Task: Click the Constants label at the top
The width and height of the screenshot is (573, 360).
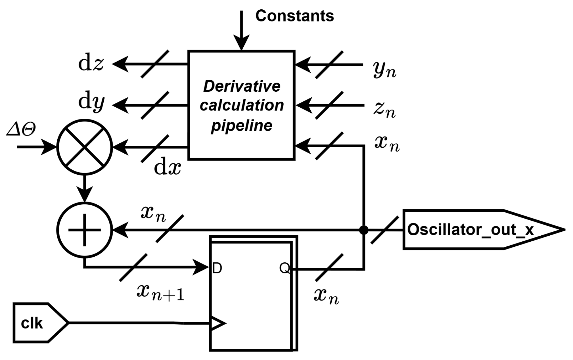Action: click(x=294, y=16)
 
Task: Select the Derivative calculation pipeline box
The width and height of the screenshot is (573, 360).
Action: click(x=241, y=105)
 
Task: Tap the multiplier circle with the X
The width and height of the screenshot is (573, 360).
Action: click(x=85, y=147)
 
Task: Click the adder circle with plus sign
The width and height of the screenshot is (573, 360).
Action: click(x=85, y=230)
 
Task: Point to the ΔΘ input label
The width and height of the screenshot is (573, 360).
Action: click(x=21, y=130)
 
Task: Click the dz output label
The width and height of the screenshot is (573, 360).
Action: click(x=91, y=64)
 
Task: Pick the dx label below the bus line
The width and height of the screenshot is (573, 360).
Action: click(x=167, y=168)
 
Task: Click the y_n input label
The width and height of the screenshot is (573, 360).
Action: click(x=385, y=70)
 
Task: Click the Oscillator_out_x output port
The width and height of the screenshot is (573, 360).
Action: click(x=477, y=230)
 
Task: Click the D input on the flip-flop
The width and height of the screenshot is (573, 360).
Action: click(x=217, y=268)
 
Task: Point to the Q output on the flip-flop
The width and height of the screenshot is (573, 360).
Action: click(x=285, y=268)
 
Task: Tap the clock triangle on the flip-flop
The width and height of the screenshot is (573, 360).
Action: click(x=217, y=323)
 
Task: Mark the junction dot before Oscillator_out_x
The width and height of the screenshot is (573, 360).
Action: click(x=363, y=230)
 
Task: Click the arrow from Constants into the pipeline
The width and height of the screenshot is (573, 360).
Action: click(x=241, y=31)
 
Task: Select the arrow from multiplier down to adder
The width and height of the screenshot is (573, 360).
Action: click(x=85, y=189)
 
